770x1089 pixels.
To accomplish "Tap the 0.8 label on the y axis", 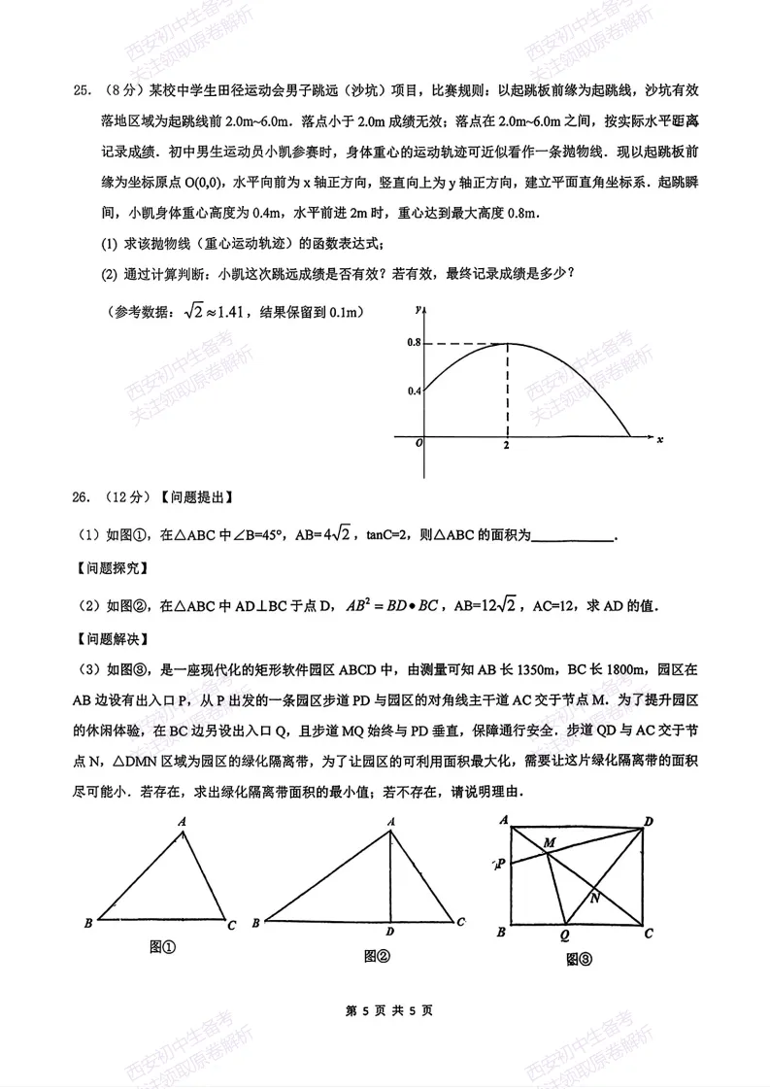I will coord(413,343).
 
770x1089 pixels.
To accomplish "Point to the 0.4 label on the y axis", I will coord(413,391).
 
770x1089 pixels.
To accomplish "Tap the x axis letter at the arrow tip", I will coord(659,440).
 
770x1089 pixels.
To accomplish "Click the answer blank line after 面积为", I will coord(574,532).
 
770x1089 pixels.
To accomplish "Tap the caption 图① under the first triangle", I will coord(162,947).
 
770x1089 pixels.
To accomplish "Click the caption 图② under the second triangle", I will coord(377,957).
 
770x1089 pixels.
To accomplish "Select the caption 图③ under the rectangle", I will coord(579,960).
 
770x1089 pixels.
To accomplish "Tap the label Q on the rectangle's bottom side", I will coord(564,935).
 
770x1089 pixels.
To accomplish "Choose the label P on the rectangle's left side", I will coord(499,863).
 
